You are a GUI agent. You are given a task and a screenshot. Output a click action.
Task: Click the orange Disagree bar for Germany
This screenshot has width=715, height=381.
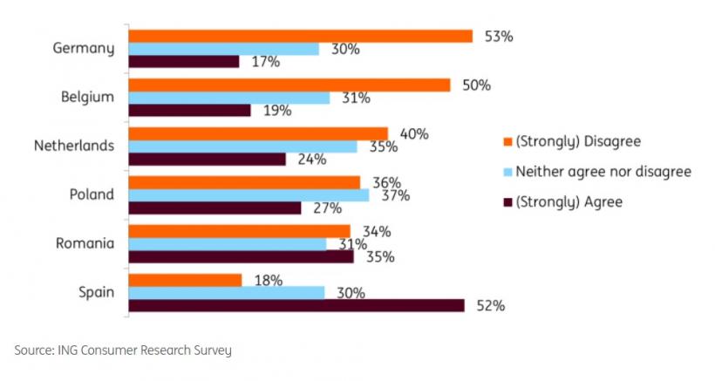pos(301,37)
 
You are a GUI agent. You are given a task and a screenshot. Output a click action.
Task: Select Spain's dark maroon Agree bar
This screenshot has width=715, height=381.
pos(296,304)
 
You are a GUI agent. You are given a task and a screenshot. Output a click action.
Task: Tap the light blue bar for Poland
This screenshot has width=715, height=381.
pos(249,195)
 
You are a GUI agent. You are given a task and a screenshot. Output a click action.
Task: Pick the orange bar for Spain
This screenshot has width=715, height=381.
pos(185,280)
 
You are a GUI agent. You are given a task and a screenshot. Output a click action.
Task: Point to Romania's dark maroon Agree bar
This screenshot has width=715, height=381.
pos(241,256)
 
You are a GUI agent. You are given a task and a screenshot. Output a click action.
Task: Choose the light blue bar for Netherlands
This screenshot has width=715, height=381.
pos(242,146)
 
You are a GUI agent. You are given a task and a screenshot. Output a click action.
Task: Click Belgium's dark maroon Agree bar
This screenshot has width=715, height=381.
pos(189,111)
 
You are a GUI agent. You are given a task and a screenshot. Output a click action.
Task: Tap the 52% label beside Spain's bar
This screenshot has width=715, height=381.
pos(489,305)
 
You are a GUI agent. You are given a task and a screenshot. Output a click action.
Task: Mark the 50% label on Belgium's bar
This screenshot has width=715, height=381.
pos(477,85)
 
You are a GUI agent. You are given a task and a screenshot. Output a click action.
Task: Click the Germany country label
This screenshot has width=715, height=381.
pos(84,48)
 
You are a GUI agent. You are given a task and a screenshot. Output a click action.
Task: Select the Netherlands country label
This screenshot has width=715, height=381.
pos(74,146)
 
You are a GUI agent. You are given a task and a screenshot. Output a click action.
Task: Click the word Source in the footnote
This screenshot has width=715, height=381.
pos(33,350)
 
